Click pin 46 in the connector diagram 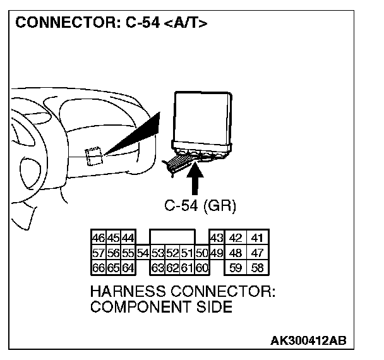pyautogui.click(x=99, y=238)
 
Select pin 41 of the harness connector pyautogui.click(x=257, y=238)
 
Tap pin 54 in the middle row pyautogui.click(x=143, y=253)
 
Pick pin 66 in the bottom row pyautogui.click(x=99, y=267)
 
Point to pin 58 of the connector pyautogui.click(x=257, y=267)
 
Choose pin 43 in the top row pyautogui.click(x=216, y=238)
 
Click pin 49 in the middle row pyautogui.click(x=216, y=253)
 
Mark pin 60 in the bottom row pyautogui.click(x=201, y=267)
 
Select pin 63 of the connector pyautogui.click(x=158, y=267)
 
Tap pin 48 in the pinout pyautogui.click(x=236, y=253)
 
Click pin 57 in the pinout pyautogui.click(x=99, y=253)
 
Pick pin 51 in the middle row pyautogui.click(x=187, y=253)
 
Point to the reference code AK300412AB pyautogui.click(x=308, y=341)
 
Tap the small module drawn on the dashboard pyautogui.click(x=94, y=154)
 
